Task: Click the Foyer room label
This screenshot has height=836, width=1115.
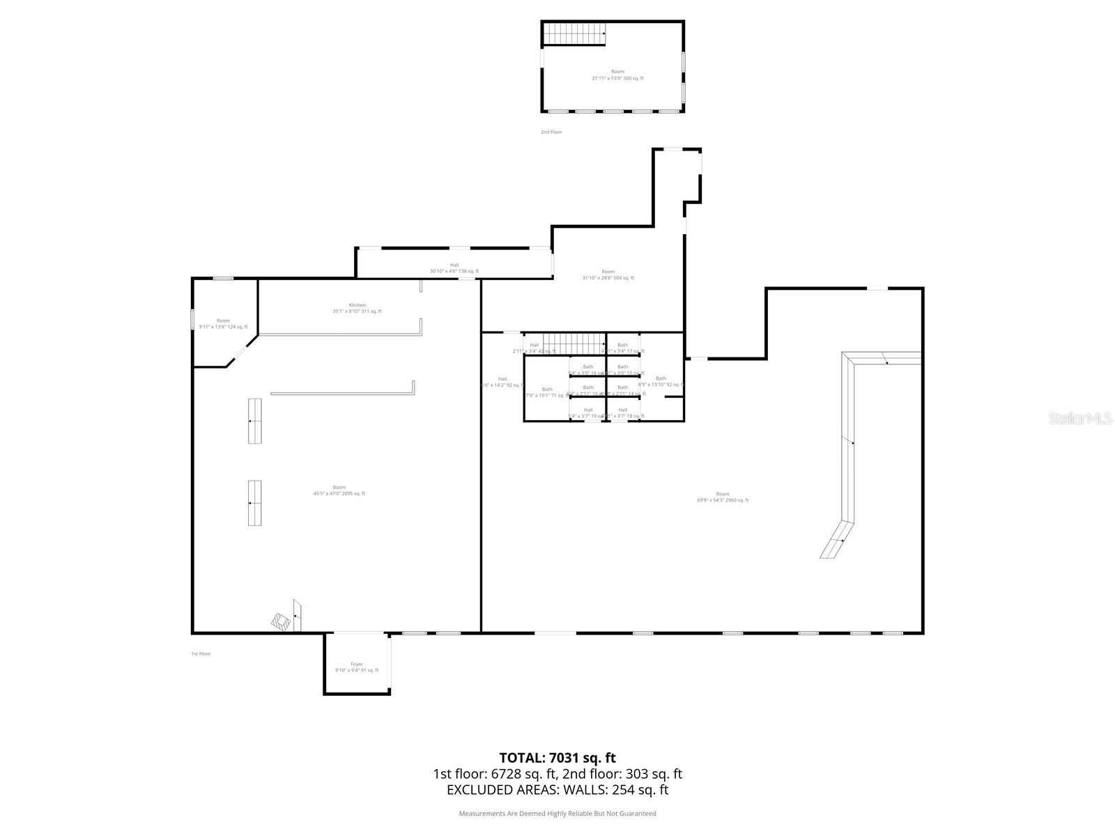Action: pyautogui.click(x=357, y=667)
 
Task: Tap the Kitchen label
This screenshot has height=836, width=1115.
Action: pyautogui.click(x=357, y=308)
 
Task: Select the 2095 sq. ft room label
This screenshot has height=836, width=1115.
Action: pyautogui.click(x=339, y=490)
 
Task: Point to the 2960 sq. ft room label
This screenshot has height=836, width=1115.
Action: pyautogui.click(x=723, y=497)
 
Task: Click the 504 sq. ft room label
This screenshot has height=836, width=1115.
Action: pyautogui.click(x=608, y=274)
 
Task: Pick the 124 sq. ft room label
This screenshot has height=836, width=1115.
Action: pyautogui.click(x=223, y=323)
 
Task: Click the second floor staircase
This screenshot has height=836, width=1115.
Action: pyautogui.click(x=574, y=33)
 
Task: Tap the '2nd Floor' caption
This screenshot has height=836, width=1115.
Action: pyautogui.click(x=551, y=132)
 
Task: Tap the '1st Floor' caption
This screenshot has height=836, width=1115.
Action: pyautogui.click(x=201, y=653)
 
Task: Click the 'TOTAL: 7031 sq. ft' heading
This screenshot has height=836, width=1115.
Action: pyautogui.click(x=557, y=757)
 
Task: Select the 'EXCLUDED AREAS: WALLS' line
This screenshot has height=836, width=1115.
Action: pyautogui.click(x=557, y=789)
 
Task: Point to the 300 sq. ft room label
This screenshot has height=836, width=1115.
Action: pyautogui.click(x=617, y=75)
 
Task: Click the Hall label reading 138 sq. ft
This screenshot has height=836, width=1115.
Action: pyautogui.click(x=454, y=268)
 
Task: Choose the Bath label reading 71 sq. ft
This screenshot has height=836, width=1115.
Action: pyautogui.click(x=547, y=392)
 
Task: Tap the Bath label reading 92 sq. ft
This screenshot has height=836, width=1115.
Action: pyautogui.click(x=661, y=381)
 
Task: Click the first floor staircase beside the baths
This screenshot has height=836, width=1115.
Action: pyautogui.click(x=574, y=343)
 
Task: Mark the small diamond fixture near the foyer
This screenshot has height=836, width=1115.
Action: pyautogui.click(x=281, y=621)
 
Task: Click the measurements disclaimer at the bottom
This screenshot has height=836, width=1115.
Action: pyautogui.click(x=557, y=813)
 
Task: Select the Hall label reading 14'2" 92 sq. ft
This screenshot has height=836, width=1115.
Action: pyautogui.click(x=502, y=382)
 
